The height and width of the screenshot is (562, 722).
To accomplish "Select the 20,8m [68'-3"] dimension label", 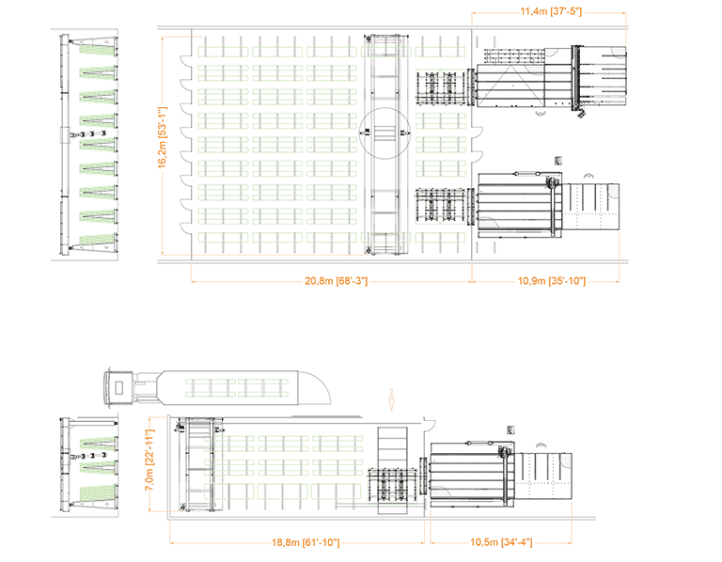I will click(x=329, y=280).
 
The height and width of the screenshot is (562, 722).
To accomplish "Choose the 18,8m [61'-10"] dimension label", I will click(x=299, y=543).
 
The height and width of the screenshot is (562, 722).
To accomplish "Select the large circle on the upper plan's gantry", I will click(x=385, y=133).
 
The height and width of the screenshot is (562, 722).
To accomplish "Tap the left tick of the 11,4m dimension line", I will click(x=471, y=12).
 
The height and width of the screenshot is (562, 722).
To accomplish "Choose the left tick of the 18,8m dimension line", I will click(x=169, y=543).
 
